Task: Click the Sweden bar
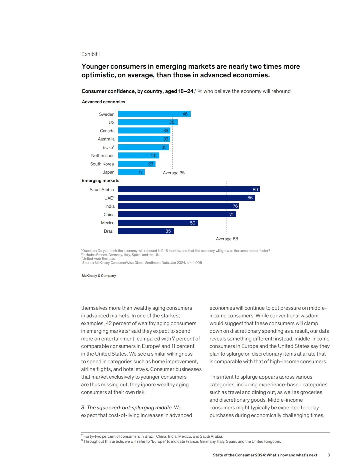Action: (154, 114)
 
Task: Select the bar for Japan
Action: (131, 172)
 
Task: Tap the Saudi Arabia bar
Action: (189, 189)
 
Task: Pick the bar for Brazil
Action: (146, 231)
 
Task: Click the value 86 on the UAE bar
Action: (250, 198)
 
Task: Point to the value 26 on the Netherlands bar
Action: (154, 155)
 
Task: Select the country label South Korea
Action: (102, 164)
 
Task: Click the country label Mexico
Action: (108, 223)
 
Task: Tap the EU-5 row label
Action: (108, 147)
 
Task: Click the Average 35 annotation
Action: (174, 173)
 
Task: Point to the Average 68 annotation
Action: (227, 239)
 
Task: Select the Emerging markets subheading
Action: (100, 181)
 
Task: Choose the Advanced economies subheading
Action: (103, 102)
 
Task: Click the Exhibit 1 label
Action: (91, 54)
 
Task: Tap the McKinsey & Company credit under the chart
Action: (99, 276)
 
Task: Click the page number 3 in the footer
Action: (328, 455)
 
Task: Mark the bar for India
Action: (178, 206)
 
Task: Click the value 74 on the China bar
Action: (231, 214)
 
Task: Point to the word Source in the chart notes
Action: (88, 263)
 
